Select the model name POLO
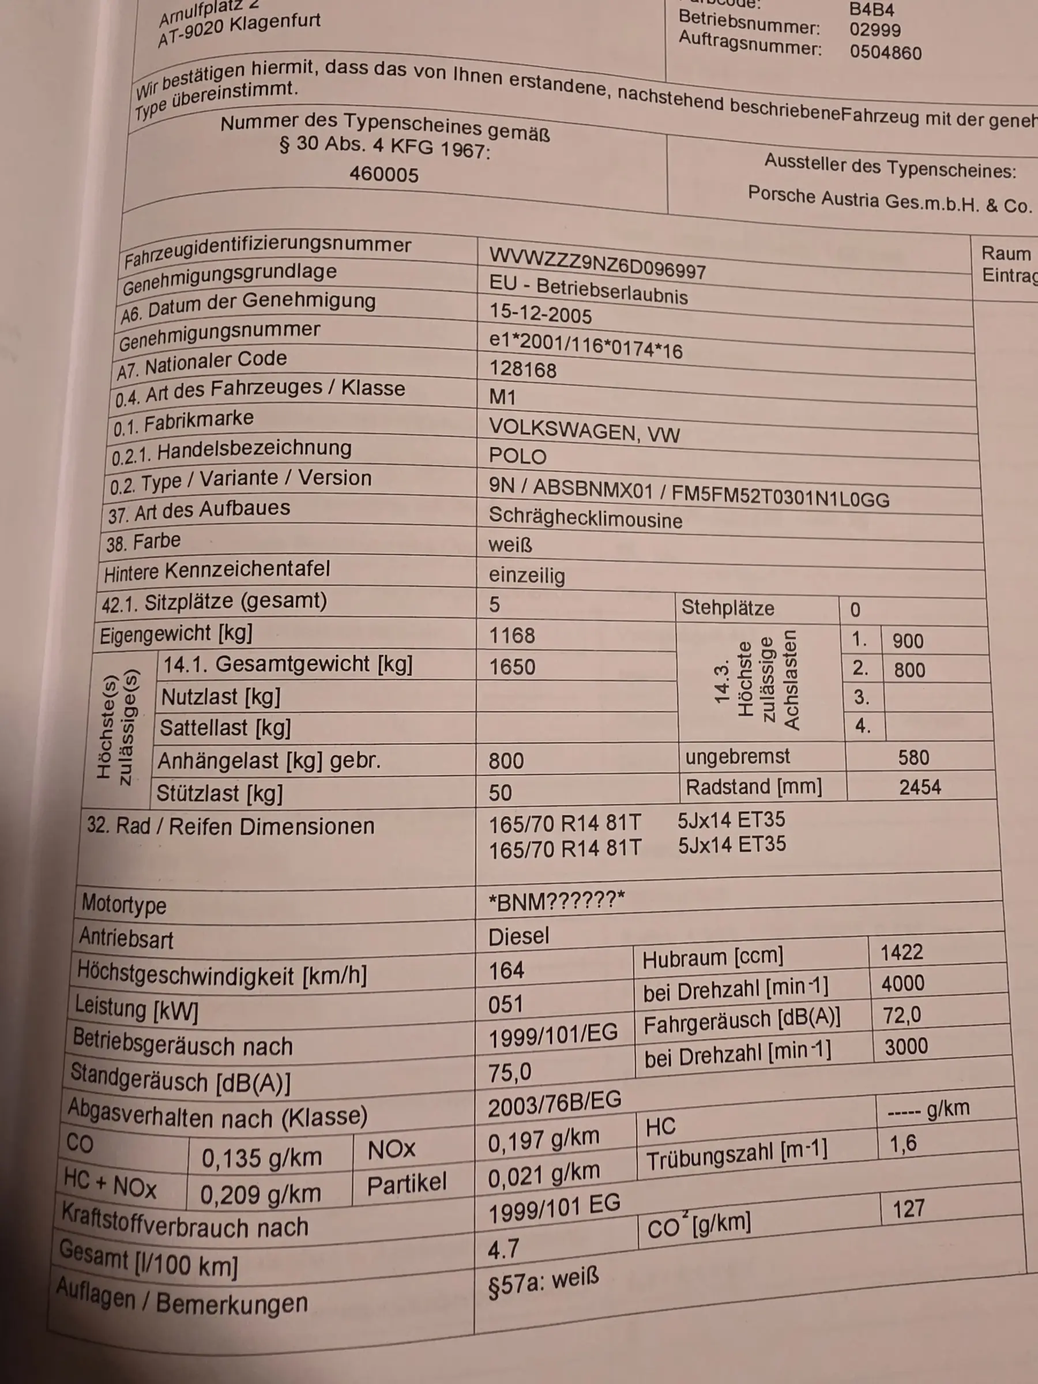point(517,456)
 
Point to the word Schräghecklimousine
point(585,518)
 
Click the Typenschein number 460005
point(383,174)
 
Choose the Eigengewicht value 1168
point(512,635)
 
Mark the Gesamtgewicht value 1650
point(512,667)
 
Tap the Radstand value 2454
point(920,787)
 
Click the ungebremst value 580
point(913,758)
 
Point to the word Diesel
point(518,937)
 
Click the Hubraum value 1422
point(901,952)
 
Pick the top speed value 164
point(506,971)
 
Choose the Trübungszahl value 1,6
point(903,1144)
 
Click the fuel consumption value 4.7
point(503,1250)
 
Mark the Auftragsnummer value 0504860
point(885,52)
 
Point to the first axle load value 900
point(908,641)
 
